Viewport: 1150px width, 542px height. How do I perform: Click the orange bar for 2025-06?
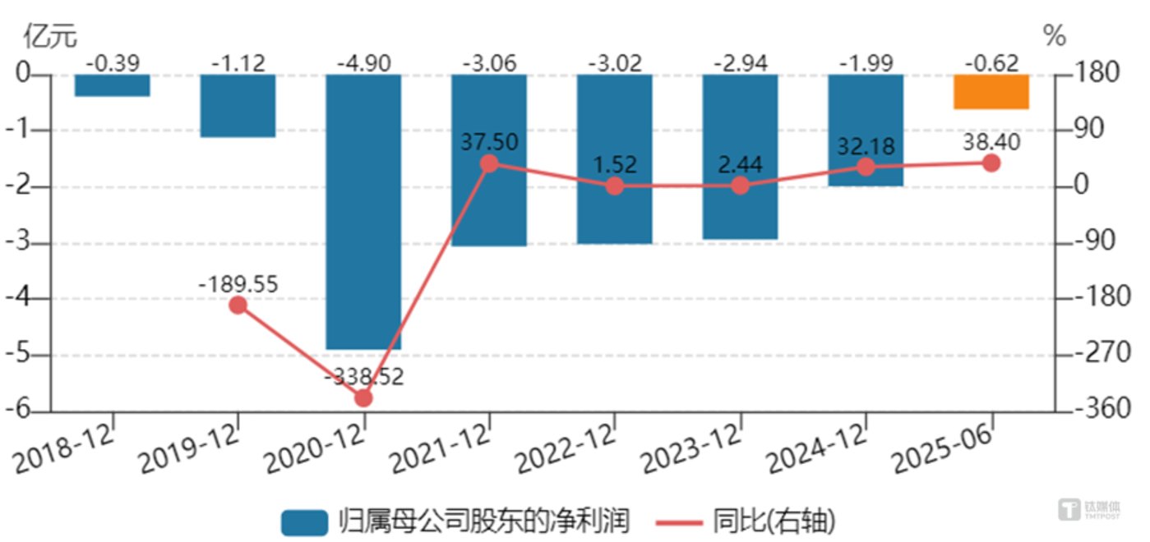pyautogui.click(x=991, y=92)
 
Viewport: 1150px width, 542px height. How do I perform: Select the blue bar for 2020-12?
pyautogui.click(x=363, y=212)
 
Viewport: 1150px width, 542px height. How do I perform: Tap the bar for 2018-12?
pyautogui.click(x=112, y=85)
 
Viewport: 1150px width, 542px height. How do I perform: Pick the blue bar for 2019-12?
pyautogui.click(x=238, y=106)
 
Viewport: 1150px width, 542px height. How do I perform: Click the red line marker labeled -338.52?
pyautogui.click(x=363, y=398)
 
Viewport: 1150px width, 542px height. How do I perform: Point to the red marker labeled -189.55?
pyautogui.click(x=238, y=305)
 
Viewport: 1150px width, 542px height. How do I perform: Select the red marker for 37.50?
pyautogui.click(x=489, y=163)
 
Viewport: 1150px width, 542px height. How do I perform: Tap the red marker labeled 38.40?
pyautogui.click(x=991, y=163)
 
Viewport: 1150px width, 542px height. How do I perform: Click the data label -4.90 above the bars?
pyautogui.click(x=363, y=62)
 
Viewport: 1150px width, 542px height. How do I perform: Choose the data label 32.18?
pyautogui.click(x=865, y=146)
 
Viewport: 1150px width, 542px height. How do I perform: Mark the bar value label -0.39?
pyautogui.click(x=112, y=62)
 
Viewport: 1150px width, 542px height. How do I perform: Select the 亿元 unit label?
pyautogui.click(x=51, y=36)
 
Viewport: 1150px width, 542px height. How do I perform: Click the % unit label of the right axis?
pyautogui.click(x=1055, y=36)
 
